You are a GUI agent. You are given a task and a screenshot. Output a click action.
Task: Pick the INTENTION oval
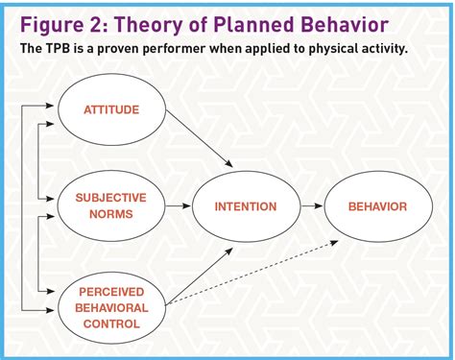point(246,205)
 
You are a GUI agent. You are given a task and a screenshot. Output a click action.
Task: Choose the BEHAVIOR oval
point(376,205)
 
